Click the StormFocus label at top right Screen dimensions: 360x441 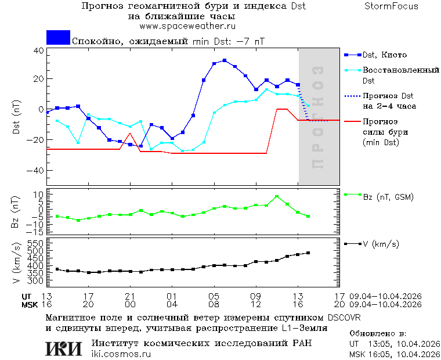coord(391,6)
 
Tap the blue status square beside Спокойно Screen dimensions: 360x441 coord(58,37)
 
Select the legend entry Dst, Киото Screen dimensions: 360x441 coord(384,55)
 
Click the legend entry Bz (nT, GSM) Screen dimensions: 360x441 coord(388,197)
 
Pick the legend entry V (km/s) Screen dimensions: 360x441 coord(381,244)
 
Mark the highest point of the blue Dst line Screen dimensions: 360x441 coord(225,60)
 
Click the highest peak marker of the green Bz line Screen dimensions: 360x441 coord(277,197)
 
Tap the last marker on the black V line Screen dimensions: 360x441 coord(308,253)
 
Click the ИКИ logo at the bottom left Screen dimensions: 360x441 coord(64,348)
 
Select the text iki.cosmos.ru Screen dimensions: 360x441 coord(121,354)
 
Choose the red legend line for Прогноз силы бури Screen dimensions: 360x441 coord(352,121)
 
